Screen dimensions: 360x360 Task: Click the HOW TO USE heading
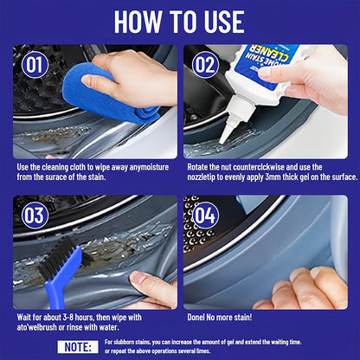pos(179,22)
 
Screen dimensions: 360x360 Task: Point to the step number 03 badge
pos(34,215)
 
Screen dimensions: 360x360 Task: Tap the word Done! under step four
pos(200,317)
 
